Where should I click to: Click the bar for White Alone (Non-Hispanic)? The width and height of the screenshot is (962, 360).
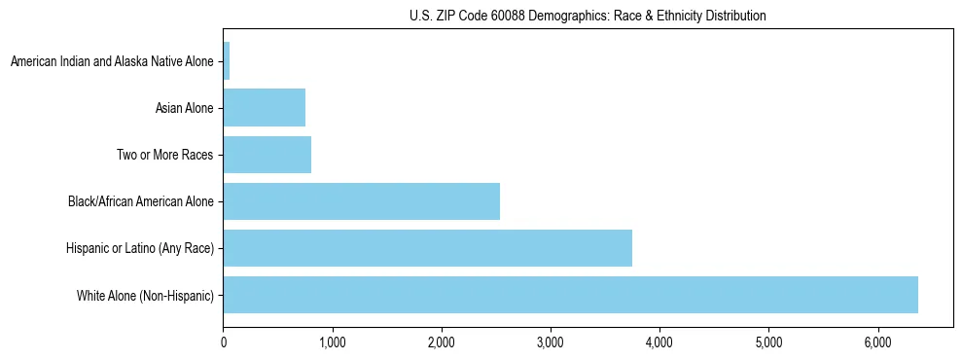570,295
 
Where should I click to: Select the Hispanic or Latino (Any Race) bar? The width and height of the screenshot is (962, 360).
428,248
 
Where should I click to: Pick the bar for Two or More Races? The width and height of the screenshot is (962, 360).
267,155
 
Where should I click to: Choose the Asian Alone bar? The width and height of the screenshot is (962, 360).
265,108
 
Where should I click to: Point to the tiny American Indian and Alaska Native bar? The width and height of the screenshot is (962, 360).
227,61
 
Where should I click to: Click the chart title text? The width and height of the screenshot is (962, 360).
588,16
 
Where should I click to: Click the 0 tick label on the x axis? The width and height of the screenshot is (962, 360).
224,342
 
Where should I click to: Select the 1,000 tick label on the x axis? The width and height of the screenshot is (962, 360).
333,342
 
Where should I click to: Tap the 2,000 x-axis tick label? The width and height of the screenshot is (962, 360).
442,342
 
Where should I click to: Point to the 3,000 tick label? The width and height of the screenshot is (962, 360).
551,342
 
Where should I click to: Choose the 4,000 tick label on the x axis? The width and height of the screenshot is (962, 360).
659,342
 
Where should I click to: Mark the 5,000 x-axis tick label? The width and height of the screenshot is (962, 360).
768,342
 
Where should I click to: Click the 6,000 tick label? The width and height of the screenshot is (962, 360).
877,342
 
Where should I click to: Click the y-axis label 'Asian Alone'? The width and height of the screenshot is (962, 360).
184,108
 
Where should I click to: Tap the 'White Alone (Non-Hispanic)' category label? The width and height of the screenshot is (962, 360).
145,295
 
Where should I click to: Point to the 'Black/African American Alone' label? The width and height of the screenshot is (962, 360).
140,201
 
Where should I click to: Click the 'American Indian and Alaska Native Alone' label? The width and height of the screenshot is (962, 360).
112,61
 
